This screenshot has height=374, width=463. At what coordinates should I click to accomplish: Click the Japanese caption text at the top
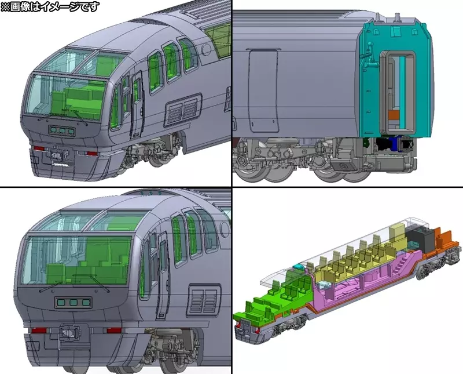pos(50,6)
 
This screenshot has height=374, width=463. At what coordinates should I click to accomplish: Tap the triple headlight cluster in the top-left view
pos(61,130)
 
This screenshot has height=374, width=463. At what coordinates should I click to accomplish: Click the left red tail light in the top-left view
pos(39,148)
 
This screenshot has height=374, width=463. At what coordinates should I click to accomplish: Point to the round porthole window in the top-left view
pos(205,49)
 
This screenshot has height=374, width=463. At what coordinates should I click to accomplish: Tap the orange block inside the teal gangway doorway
pos(393,115)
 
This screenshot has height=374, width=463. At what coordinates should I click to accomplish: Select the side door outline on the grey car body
pos(263,90)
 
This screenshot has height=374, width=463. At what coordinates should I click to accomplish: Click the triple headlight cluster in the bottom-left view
pos(74,303)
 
